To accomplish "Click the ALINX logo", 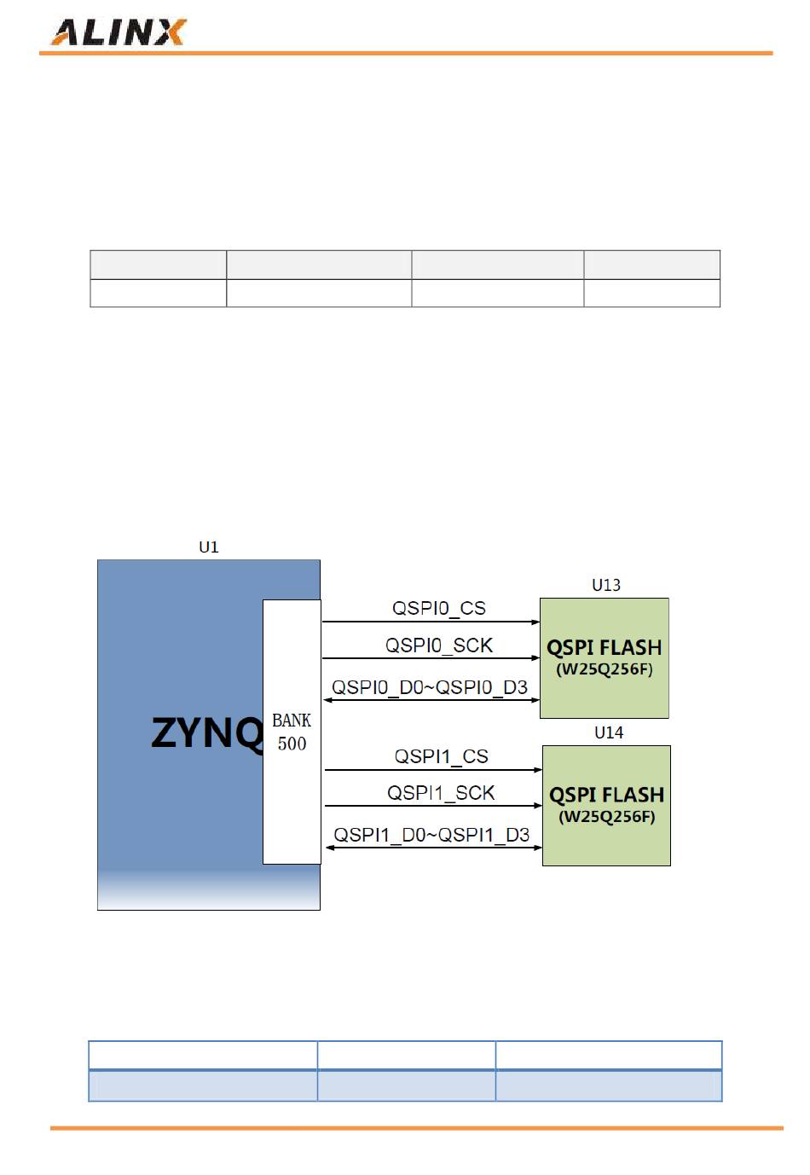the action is [119, 32].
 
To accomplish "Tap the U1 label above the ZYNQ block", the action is [208, 547].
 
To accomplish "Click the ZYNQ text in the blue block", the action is [206, 733].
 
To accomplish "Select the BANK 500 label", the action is [292, 732].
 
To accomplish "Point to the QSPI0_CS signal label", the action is [438, 609].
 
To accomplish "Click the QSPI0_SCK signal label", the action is [438, 645].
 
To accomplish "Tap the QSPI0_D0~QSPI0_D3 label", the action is [429, 687].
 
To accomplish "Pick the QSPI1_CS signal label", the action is [441, 756].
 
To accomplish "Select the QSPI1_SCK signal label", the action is [441, 793].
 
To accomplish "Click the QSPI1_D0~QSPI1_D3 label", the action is [431, 835].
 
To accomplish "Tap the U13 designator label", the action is [606, 585].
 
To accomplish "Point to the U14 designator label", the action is [609, 732].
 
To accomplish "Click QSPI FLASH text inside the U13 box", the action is [604, 648].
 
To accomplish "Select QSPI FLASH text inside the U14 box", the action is [606, 796].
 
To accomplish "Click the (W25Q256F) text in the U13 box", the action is [605, 669].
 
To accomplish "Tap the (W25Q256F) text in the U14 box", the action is [606, 817].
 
